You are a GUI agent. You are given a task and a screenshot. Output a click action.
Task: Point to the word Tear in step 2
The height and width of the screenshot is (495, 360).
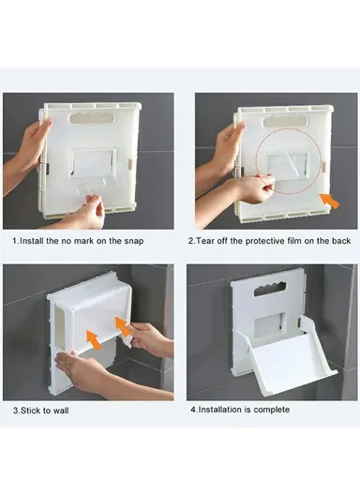click(x=207, y=241)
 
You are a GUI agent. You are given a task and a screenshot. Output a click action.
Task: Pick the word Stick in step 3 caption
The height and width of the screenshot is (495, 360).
click(x=30, y=411)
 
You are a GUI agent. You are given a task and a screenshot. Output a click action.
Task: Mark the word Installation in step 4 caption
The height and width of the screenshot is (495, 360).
click(x=222, y=410)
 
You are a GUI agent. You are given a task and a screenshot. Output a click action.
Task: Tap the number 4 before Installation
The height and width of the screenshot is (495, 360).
click(x=192, y=410)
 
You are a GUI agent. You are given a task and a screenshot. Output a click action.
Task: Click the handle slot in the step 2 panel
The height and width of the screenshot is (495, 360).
click(x=286, y=121)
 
